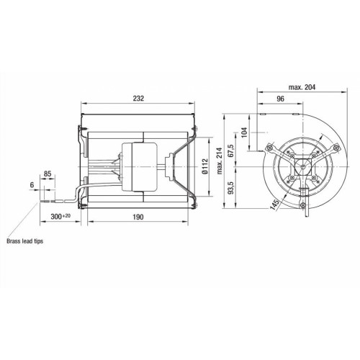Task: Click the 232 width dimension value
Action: [x=138, y=99]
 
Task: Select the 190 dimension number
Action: [x=138, y=217]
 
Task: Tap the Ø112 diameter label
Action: [x=204, y=166]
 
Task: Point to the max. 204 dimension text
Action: [x=302, y=87]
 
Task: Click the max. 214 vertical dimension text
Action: [x=220, y=161]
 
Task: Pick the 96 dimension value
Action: [x=280, y=99]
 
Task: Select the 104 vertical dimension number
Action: [x=244, y=132]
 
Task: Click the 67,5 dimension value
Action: [x=231, y=150]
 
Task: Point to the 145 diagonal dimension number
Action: [x=275, y=205]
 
